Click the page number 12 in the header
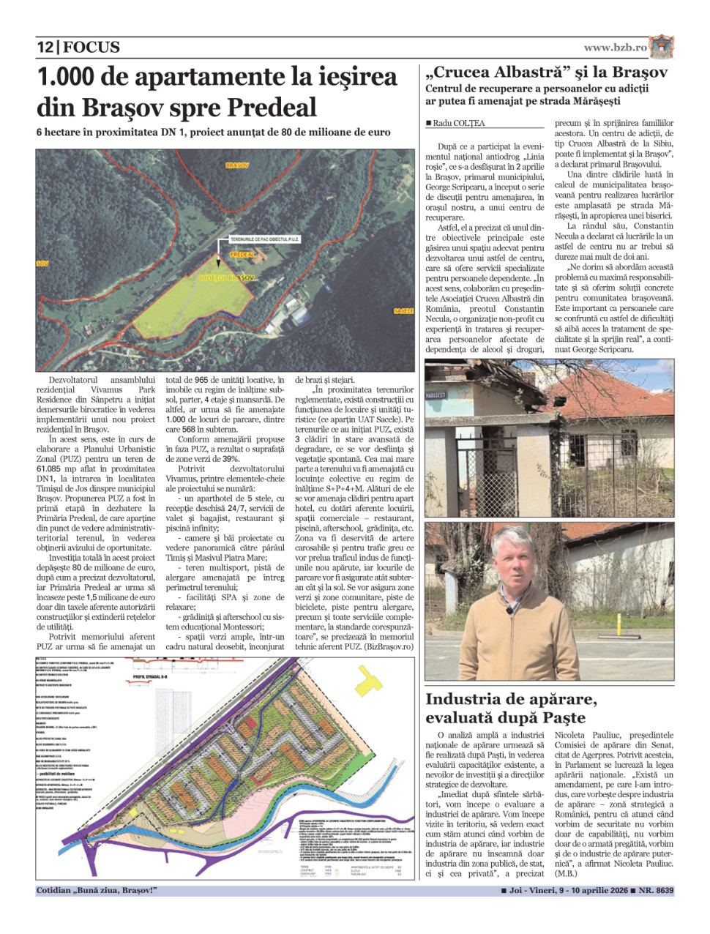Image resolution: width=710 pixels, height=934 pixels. pyautogui.click(x=45, y=47)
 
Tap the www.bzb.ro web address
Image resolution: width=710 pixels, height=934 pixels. pyautogui.click(x=615, y=48)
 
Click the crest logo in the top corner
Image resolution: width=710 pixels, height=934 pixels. pyautogui.click(x=662, y=46)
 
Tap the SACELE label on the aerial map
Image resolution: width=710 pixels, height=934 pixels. pyautogui.click(x=403, y=311)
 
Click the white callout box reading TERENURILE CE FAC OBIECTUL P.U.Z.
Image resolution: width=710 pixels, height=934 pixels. pyautogui.click(x=265, y=239)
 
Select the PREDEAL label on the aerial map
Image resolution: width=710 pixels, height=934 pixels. pyautogui.click(x=242, y=255)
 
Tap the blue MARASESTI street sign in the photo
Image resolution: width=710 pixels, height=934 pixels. pyautogui.click(x=436, y=396)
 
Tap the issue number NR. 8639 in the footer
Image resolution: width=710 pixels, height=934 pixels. pyautogui.click(x=656, y=891)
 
